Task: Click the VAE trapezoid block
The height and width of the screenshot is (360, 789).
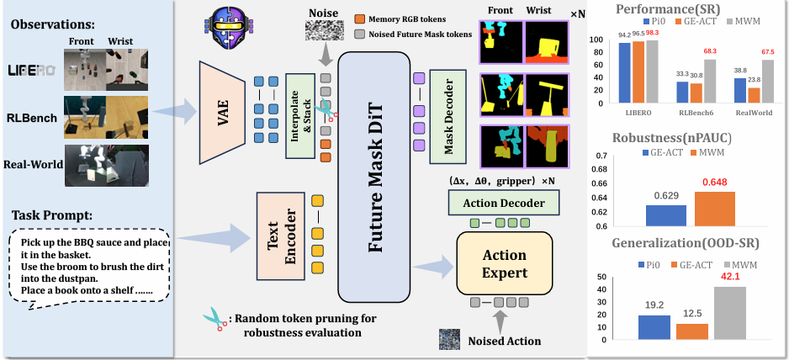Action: click(222, 112)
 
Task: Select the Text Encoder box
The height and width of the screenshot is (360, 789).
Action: click(281, 236)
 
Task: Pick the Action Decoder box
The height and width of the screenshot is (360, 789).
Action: click(504, 203)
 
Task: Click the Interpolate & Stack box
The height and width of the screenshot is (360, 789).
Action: click(300, 114)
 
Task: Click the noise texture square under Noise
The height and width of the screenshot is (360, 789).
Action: click(325, 29)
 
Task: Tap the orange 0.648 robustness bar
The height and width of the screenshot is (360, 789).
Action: click(714, 209)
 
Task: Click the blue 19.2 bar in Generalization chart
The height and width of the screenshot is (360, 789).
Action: click(654, 327)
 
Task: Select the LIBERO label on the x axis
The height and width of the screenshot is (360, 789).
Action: click(639, 112)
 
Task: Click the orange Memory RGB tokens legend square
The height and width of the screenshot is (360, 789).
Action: click(358, 19)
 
